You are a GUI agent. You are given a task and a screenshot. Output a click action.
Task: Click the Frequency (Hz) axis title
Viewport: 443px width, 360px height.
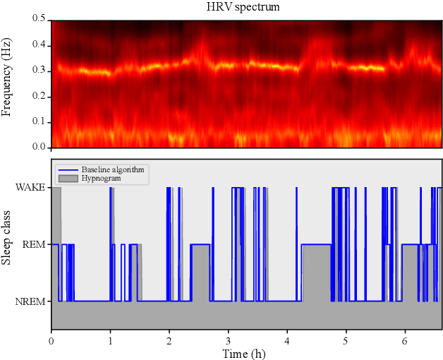coord(8,83)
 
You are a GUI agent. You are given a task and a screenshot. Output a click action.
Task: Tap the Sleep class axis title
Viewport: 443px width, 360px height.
coord(8,244)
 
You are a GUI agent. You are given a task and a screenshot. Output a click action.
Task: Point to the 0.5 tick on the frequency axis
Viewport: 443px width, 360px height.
coord(39,20)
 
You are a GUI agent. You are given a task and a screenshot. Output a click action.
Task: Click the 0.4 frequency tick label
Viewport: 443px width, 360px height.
coord(39,45)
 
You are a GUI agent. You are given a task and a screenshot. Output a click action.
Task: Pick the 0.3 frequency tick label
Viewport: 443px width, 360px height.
coord(39,71)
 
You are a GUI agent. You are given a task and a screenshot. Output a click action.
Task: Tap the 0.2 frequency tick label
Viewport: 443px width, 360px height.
coord(39,96)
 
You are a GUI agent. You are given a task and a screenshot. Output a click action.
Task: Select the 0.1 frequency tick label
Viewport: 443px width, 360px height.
coord(39,121)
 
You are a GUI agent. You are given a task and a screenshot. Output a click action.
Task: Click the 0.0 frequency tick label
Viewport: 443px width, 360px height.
coord(39,147)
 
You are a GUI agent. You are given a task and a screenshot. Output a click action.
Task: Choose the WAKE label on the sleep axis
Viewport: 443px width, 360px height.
coord(32,187)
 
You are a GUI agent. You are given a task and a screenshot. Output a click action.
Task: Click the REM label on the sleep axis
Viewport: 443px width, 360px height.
coord(35,244)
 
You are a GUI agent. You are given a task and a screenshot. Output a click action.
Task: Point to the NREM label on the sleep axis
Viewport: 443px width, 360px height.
coord(32,301)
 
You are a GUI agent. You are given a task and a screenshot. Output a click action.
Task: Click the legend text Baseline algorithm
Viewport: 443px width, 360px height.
coord(113,170)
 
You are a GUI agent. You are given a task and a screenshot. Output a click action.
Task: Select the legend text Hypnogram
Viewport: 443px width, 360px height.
coord(100,179)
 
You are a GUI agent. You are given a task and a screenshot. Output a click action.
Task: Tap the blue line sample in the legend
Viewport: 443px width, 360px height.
coord(67,170)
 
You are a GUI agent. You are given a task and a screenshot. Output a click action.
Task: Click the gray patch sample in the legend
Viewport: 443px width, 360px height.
coord(67,179)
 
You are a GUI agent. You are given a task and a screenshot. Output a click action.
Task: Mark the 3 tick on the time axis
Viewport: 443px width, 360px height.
coord(228,341)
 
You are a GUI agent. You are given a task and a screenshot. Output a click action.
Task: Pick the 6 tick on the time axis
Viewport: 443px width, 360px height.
coord(405,341)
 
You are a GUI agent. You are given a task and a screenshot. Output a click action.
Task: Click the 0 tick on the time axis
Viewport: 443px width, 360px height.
coord(51,341)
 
